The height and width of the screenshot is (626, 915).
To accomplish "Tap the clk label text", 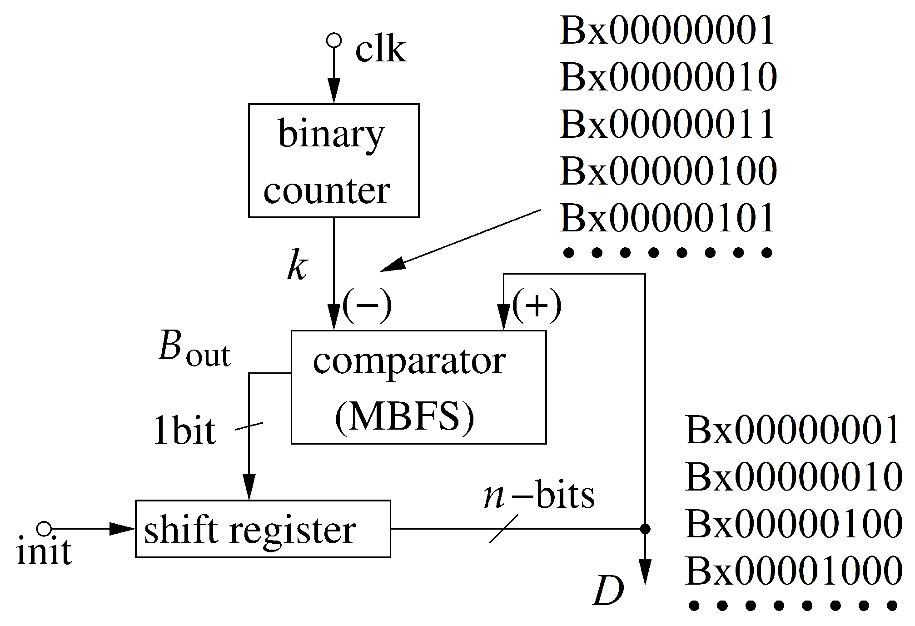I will click(x=380, y=50).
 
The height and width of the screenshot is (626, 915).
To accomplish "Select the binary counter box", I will click(x=333, y=160).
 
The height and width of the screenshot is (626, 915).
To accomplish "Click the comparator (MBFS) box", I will click(x=418, y=387).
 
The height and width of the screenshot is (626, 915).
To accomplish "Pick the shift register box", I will click(x=263, y=529).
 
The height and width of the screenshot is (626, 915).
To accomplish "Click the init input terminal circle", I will click(x=44, y=529).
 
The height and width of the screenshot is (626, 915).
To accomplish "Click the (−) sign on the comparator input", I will click(x=367, y=305).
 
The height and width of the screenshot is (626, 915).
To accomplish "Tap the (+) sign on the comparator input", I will click(x=537, y=305).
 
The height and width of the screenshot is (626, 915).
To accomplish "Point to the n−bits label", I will click(x=539, y=496).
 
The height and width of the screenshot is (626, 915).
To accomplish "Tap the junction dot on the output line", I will click(x=645, y=529).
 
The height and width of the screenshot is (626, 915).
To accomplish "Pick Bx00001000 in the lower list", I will click(x=793, y=571).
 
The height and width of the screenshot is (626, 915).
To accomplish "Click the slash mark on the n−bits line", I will click(x=503, y=529).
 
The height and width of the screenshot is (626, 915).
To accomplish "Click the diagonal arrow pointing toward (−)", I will click(x=459, y=241).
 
